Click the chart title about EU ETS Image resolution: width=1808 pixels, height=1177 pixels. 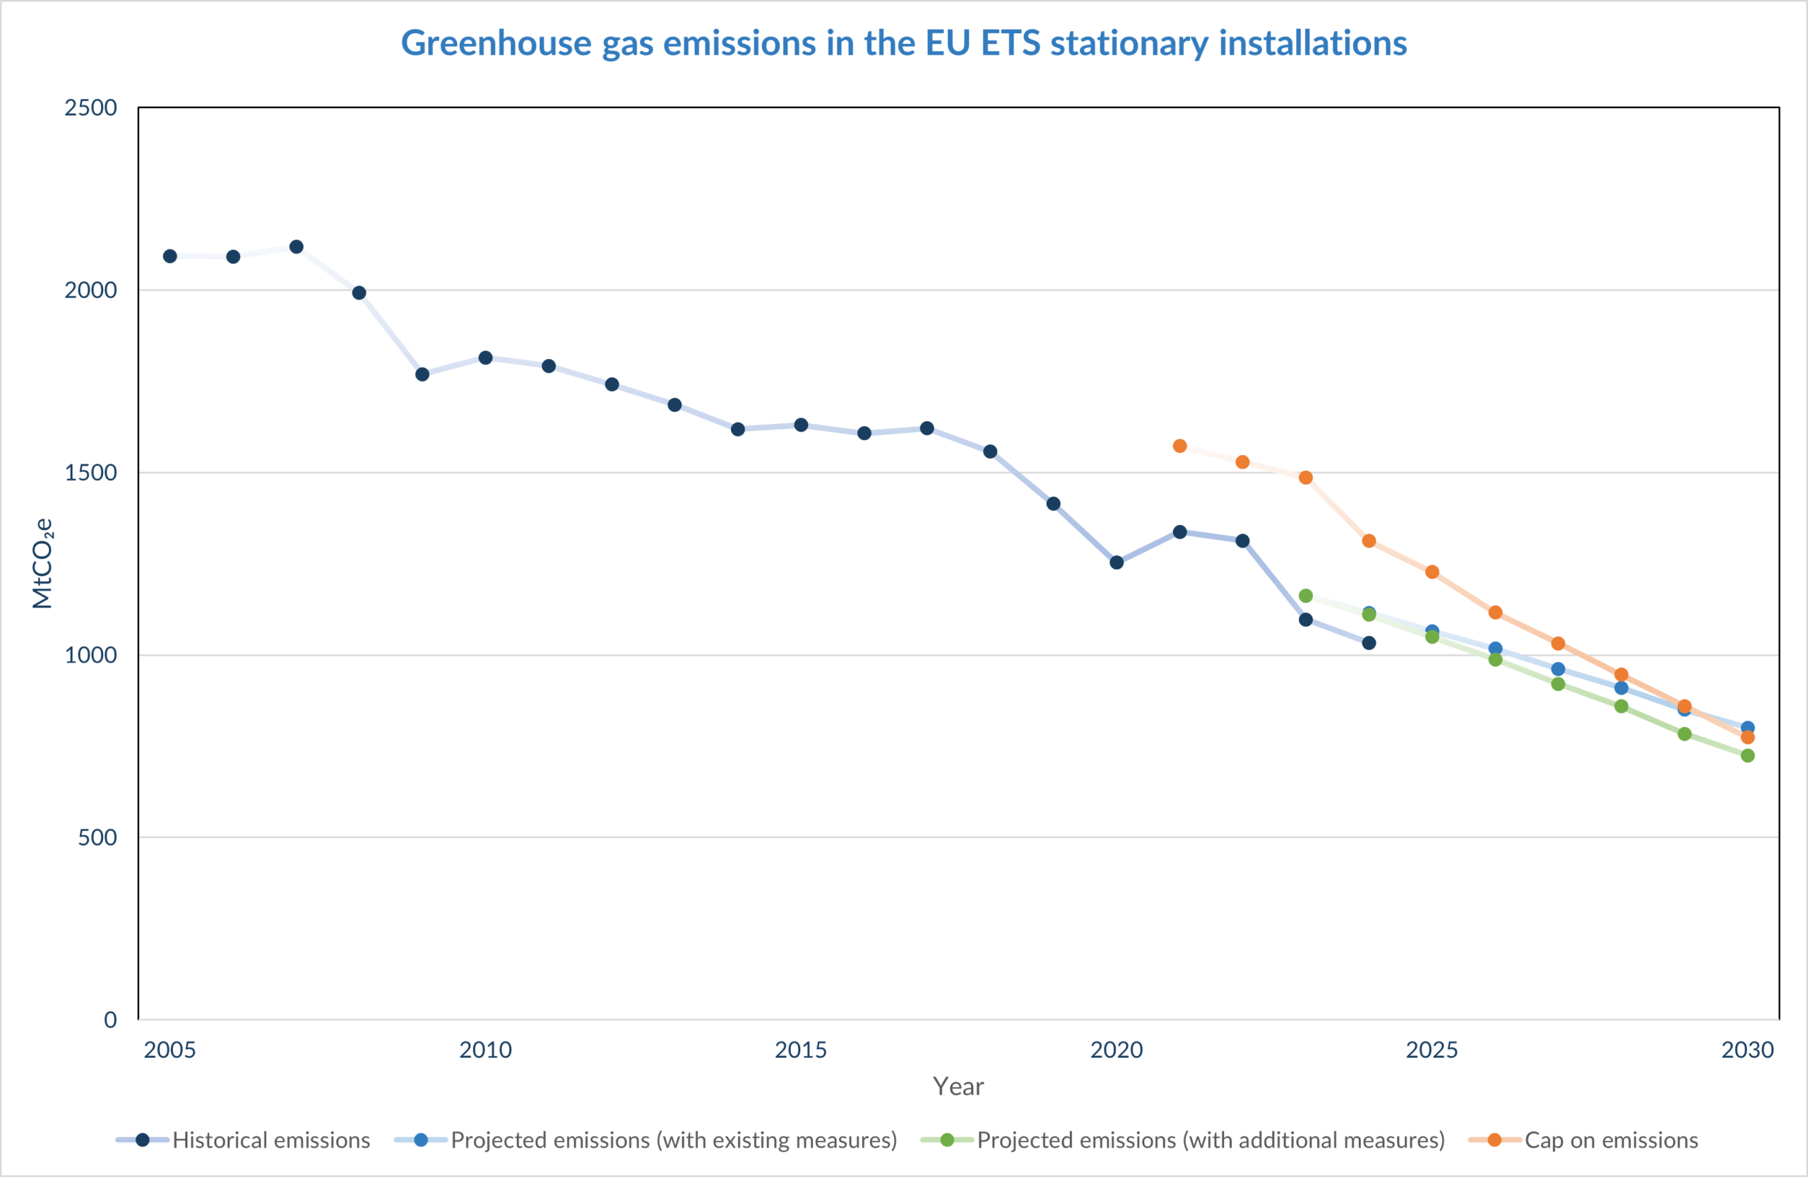903,43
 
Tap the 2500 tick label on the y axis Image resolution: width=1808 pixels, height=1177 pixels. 90,108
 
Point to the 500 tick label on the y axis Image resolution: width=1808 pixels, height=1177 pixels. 97,837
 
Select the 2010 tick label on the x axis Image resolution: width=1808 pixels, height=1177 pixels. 485,1049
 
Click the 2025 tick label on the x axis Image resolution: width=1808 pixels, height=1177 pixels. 1431,1049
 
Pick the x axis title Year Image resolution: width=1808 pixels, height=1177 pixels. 958,1087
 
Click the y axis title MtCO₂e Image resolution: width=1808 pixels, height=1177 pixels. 42,564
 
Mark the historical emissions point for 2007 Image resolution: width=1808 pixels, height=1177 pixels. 296,247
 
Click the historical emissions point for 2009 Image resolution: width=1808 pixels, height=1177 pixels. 422,374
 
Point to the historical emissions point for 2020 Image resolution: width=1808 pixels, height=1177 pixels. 1117,562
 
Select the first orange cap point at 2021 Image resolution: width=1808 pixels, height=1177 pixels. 1179,446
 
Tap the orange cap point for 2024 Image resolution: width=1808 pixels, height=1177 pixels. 1369,541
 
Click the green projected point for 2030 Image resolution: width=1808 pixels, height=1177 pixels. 1747,755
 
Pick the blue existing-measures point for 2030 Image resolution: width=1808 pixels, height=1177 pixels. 1747,728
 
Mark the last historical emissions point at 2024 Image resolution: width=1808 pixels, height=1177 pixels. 1369,643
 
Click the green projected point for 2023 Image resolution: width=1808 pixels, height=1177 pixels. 1306,596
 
